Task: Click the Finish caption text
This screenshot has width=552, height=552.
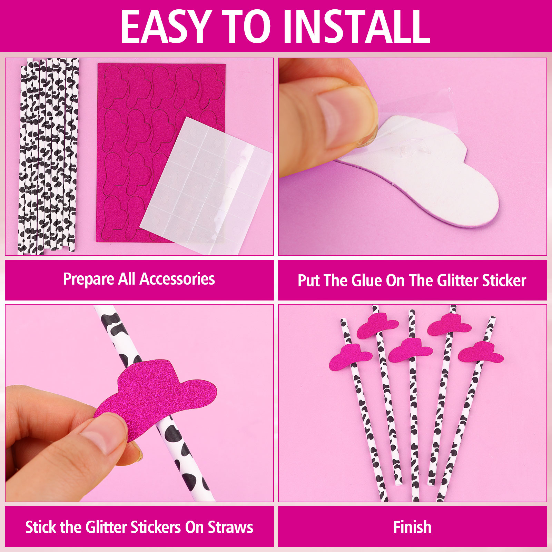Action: click(x=412, y=527)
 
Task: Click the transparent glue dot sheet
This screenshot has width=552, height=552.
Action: click(x=206, y=186)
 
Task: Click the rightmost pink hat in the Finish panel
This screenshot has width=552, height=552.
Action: click(x=481, y=352)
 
